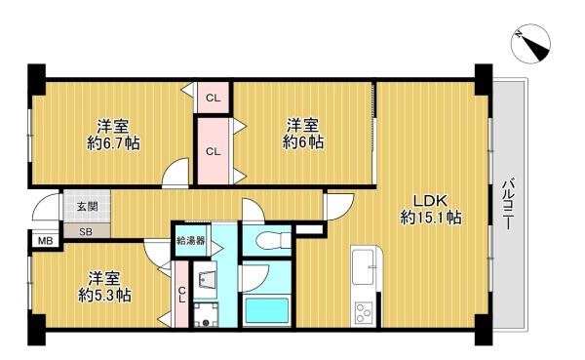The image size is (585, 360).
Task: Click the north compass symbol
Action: pos(531,43)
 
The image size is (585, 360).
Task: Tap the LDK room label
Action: pos(431,201)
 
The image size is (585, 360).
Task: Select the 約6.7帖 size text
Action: pos(113,143)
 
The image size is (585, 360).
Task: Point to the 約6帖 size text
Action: pos(302,141)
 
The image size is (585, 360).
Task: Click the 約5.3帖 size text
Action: pos(104,296)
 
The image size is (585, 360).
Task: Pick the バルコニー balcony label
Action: pos(507,205)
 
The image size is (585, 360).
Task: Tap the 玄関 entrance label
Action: pos(88,207)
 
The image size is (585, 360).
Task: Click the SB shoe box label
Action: pos(86,232)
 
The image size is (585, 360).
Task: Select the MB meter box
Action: pos(46,241)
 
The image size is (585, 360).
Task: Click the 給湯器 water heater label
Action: pos(191,241)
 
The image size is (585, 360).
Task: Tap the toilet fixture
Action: pos(273,239)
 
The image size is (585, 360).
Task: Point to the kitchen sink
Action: pos(363,267)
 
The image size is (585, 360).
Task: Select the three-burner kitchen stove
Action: pos(363,312)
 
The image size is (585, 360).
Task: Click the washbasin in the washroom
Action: pos(205,279)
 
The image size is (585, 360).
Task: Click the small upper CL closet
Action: pos(213,98)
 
